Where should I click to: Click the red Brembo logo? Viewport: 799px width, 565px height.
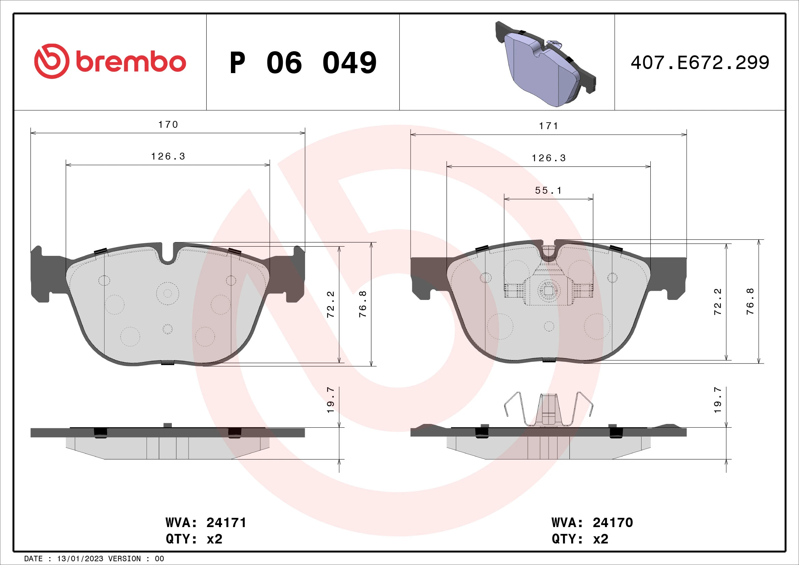(110, 61)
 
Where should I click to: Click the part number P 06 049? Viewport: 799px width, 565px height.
(303, 63)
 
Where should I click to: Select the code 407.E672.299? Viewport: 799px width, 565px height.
(700, 63)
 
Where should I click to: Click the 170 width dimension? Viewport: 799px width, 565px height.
(168, 125)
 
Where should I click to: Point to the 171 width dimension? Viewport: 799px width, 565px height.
(549, 126)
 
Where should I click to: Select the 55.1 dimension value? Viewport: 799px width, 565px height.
(549, 190)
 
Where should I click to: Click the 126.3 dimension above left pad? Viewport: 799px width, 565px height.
(168, 156)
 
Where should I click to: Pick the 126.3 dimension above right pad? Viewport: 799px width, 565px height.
(549, 158)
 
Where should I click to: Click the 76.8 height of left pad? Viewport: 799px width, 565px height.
(363, 304)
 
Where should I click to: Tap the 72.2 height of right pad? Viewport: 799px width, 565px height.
(718, 302)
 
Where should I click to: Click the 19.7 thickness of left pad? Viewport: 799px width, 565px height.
(331, 400)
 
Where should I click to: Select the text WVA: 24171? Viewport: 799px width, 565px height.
(206, 523)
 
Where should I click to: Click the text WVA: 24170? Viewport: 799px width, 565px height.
(592, 523)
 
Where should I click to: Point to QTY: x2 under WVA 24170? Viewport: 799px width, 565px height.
(580, 539)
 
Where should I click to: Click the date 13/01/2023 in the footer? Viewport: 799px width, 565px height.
(80, 559)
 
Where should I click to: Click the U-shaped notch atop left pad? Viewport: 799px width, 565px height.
(168, 256)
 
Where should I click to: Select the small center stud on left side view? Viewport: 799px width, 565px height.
(168, 425)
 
